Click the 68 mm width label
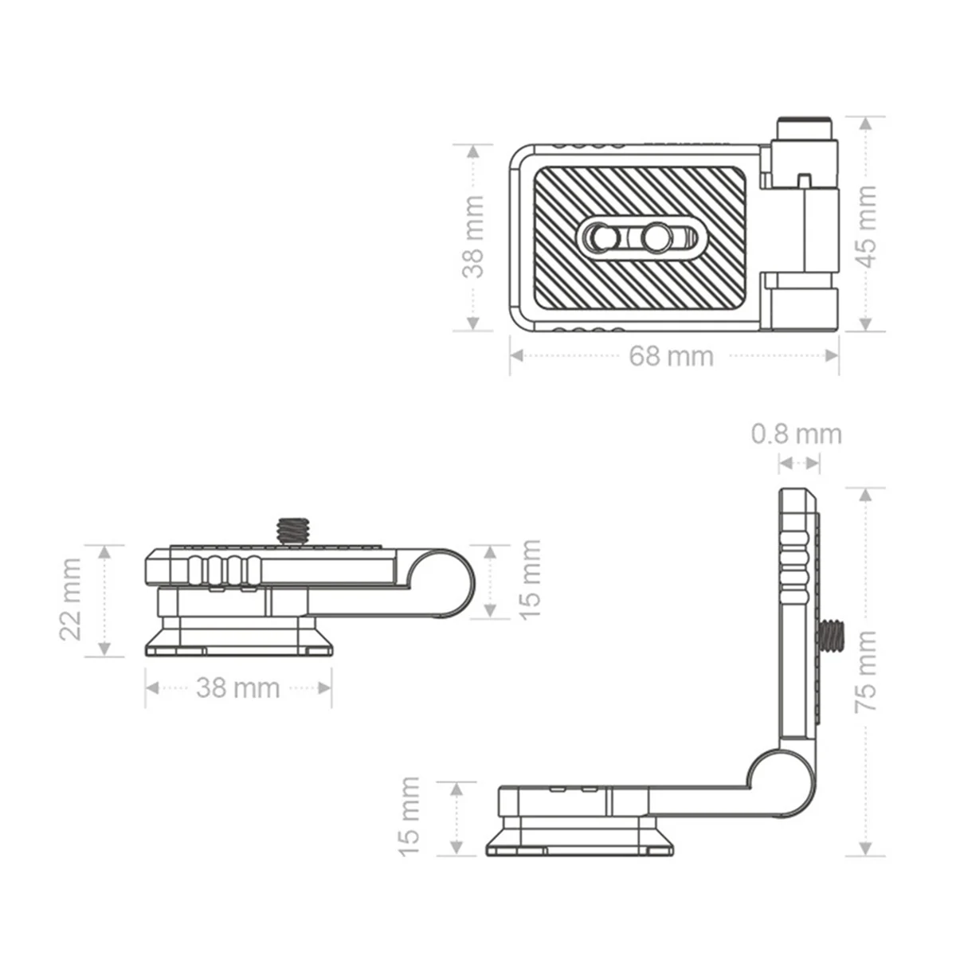coord(671,356)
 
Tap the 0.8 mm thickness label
coord(796,434)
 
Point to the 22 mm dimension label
coord(71,599)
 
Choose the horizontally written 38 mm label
coord(237,688)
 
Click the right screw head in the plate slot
coord(658,237)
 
